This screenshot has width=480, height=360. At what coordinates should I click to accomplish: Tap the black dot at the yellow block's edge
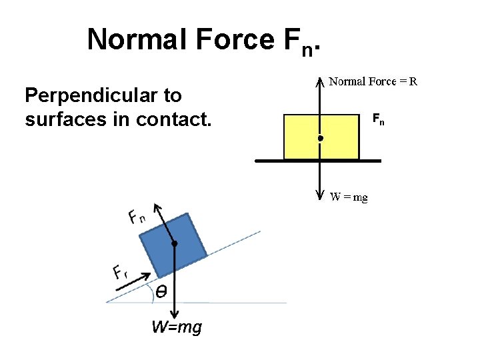pos(320,138)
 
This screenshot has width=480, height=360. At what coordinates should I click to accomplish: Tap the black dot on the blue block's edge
pos(175,244)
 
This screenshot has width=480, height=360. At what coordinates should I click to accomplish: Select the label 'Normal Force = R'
pos(374,82)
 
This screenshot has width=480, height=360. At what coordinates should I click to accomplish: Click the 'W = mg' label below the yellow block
pos(349,197)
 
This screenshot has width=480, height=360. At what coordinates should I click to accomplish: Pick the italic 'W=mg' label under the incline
pos(176,327)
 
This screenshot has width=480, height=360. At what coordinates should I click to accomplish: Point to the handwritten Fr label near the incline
pos(119,272)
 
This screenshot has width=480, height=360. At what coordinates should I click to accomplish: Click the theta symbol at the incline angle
pos(161,291)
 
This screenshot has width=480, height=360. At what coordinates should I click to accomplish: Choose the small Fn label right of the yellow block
pos(378,120)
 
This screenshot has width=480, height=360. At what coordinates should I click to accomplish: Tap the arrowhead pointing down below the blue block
pos(175,315)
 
